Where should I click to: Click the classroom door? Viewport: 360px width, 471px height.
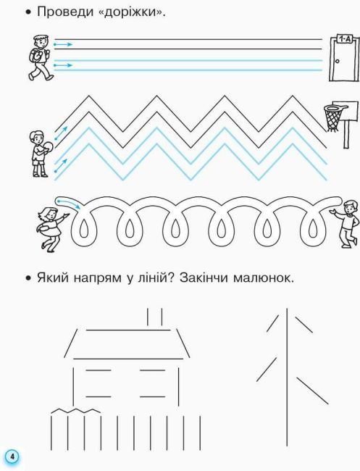pos(343,65)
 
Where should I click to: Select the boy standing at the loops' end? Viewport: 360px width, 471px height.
pos(346,222)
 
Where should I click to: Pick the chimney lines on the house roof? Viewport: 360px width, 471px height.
pos(154,317)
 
